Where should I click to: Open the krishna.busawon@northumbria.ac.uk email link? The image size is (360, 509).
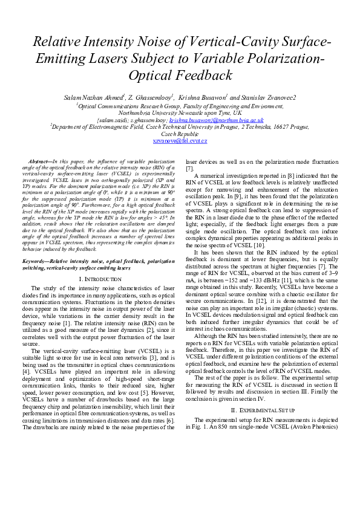(217, 120)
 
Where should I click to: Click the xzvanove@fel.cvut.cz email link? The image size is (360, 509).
(180, 141)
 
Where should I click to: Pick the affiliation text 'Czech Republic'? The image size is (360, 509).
(180, 134)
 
